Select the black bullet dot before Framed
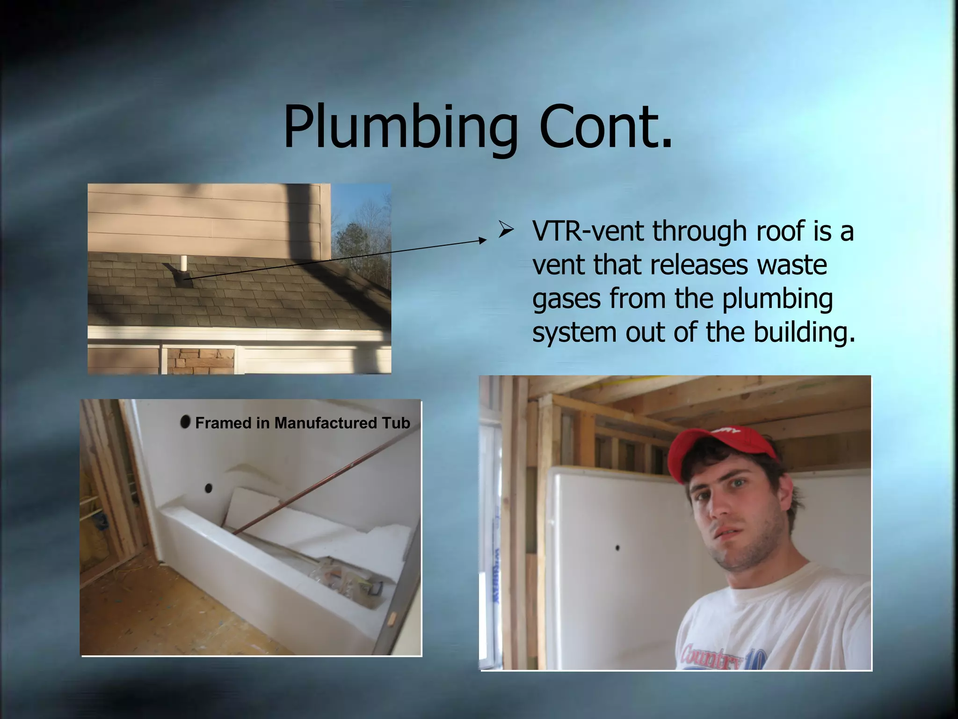point(185,422)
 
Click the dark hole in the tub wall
point(208,488)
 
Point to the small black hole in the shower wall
point(618,547)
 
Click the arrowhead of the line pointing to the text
point(483,240)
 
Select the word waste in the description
point(792,265)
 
